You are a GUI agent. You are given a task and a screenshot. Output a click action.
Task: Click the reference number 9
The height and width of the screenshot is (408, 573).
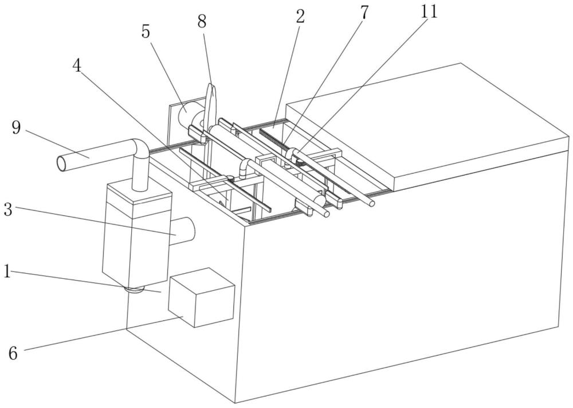tap(16, 128)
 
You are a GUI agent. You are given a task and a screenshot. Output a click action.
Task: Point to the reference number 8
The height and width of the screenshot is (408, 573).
tap(202, 21)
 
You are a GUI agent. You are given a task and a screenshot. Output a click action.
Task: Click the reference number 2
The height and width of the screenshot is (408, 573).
tap(300, 17)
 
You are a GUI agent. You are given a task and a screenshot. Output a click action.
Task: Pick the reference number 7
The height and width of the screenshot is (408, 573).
tap(364, 13)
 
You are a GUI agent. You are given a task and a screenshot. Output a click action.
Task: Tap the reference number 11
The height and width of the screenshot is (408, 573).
tap(429, 11)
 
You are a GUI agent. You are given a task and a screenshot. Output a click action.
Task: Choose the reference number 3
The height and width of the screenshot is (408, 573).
tap(9, 210)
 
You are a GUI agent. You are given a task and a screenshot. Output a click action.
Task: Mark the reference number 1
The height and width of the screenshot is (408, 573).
tap(7, 271)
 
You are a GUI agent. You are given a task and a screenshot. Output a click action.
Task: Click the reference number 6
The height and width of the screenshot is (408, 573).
tap(13, 353)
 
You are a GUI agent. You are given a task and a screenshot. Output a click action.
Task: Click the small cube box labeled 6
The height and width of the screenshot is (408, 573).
tap(201, 297)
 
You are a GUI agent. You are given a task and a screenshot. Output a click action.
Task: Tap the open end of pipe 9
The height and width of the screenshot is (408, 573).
tap(61, 163)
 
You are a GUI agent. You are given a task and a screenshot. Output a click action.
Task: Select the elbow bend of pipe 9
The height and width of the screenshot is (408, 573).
tap(141, 147)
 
